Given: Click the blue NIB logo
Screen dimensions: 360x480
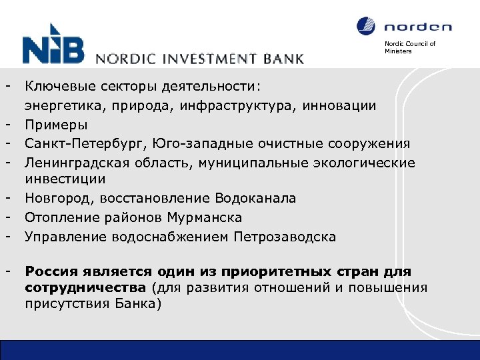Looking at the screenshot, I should coord(53,45).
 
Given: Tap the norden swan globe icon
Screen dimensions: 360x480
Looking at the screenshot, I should coord(366,26).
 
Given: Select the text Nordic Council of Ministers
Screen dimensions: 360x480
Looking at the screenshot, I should coord(409,47).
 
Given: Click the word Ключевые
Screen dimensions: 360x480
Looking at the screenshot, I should coord(60,86).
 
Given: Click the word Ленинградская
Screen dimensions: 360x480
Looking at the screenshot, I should coord(73,163).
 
